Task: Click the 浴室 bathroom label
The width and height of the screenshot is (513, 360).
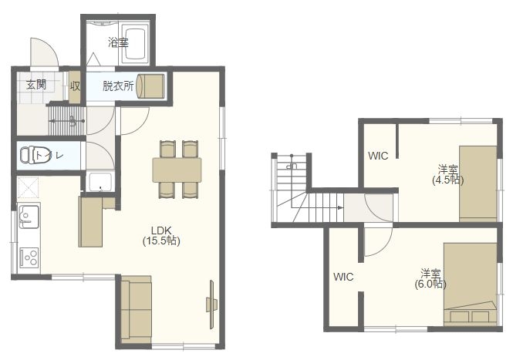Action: point(118,42)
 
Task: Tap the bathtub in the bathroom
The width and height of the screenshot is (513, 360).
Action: point(135,44)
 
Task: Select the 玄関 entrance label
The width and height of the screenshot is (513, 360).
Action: point(36,85)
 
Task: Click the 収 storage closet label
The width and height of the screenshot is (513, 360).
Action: point(75,86)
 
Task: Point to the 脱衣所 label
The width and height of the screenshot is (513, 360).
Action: point(118,86)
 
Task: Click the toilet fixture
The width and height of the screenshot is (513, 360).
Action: point(29,155)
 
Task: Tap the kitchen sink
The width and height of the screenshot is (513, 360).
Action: point(29,216)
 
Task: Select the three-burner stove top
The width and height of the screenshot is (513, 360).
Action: point(29,257)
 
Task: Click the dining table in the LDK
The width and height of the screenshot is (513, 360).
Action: point(177,170)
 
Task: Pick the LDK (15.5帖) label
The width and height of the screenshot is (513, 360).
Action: point(161,235)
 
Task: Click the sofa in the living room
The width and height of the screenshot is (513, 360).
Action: point(136,309)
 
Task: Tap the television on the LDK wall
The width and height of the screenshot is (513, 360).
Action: point(211,304)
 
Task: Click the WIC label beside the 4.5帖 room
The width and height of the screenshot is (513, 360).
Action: point(378,156)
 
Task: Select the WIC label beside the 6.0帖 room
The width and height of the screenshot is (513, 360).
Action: point(343,277)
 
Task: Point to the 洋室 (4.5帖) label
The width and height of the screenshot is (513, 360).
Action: point(448,175)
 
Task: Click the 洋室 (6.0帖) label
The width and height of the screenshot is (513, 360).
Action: point(430,278)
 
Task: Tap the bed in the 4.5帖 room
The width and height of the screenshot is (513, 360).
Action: point(478,183)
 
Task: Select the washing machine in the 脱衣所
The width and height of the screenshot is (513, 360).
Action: point(150,86)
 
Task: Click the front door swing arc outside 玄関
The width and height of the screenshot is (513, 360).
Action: point(52,48)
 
